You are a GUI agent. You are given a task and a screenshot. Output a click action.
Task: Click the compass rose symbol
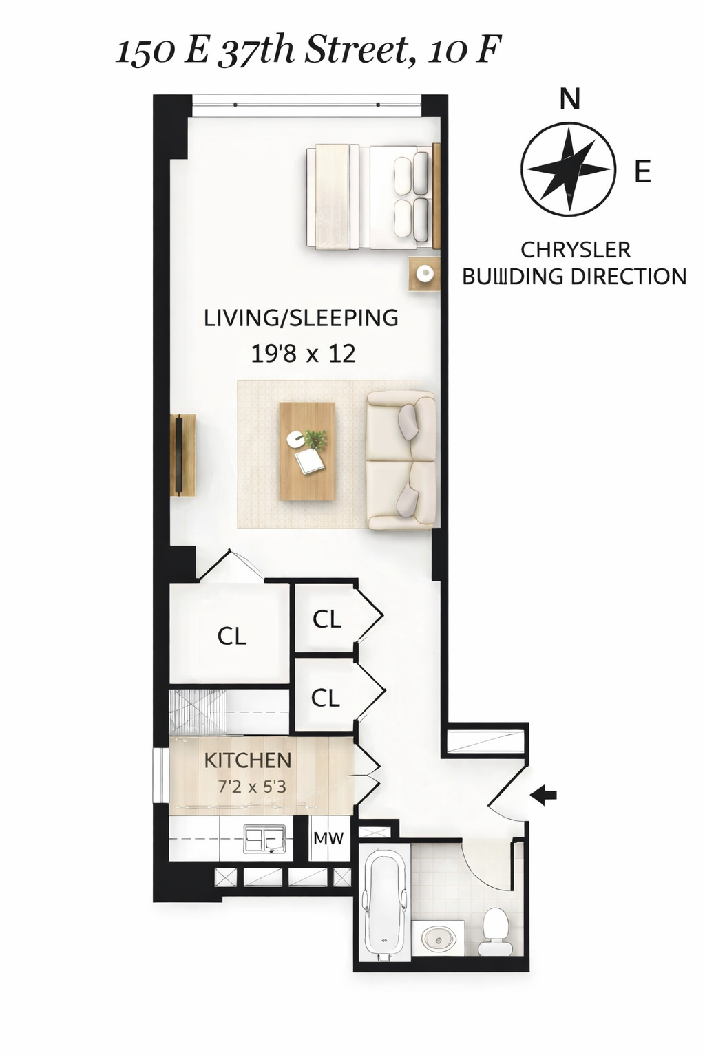[567, 169]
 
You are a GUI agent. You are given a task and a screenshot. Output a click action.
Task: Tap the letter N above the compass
[569, 100]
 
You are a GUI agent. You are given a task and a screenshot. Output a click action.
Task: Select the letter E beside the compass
[642, 171]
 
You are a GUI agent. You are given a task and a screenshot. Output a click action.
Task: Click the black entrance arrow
[544, 796]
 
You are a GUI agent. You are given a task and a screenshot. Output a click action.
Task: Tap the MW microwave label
[328, 838]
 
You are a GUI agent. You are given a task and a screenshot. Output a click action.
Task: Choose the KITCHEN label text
[248, 760]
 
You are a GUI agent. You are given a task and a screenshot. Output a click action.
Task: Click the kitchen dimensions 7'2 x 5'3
[252, 786]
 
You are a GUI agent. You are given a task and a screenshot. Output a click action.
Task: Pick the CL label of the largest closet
[231, 636]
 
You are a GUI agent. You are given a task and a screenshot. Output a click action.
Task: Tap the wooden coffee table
[307, 451]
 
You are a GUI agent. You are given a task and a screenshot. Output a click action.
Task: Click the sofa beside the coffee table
[401, 460]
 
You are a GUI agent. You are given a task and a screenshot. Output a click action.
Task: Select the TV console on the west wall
[183, 454]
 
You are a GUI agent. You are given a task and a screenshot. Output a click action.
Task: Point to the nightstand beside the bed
[424, 273]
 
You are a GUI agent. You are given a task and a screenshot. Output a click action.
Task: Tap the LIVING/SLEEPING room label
[301, 318]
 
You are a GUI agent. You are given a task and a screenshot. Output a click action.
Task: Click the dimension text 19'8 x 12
[303, 354]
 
